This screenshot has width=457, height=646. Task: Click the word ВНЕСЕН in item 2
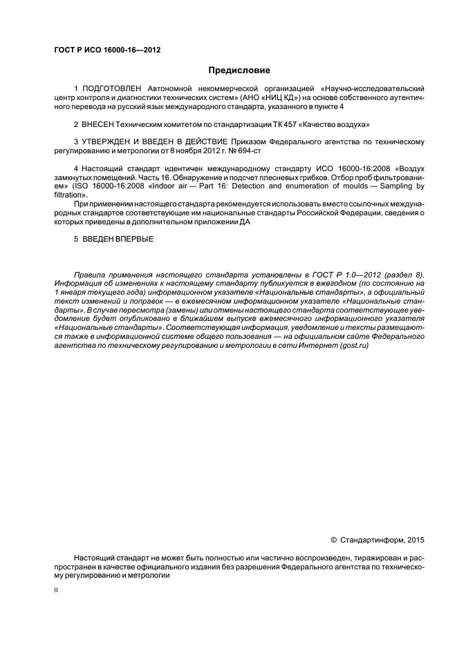[x=100, y=125]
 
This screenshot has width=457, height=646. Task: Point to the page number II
[x=57, y=591]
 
